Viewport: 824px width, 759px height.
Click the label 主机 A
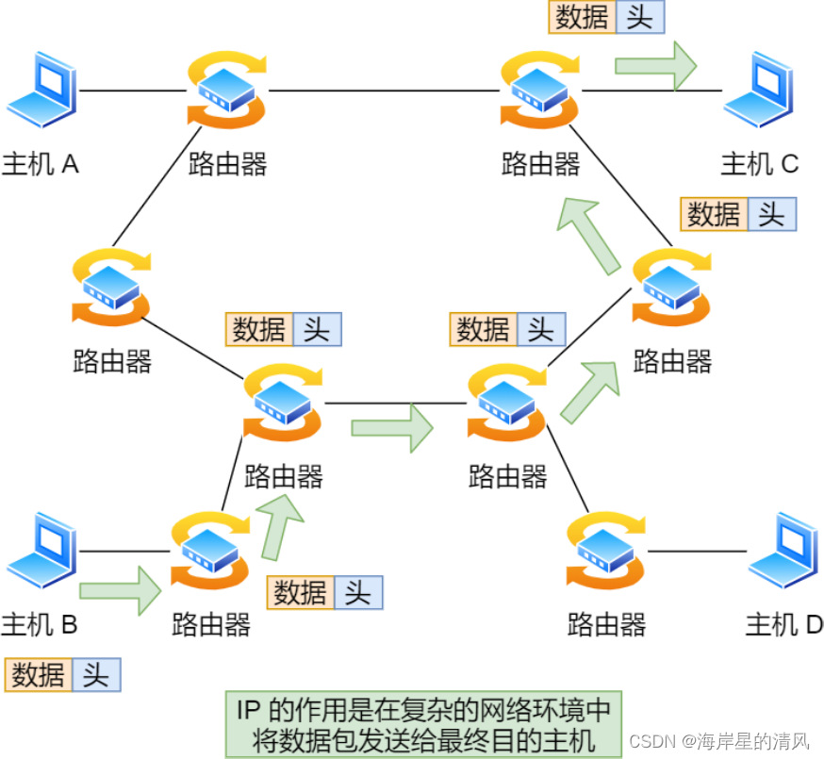click(41, 164)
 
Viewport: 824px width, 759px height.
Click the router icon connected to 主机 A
click(227, 90)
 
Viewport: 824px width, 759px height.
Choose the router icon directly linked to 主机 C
click(540, 90)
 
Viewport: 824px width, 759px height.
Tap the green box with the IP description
click(423, 723)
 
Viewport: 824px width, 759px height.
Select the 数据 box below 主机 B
click(39, 675)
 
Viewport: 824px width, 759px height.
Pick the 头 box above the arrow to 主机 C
click(639, 18)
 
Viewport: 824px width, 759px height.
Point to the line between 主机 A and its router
click(132, 91)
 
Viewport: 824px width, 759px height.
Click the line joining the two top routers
click(384, 91)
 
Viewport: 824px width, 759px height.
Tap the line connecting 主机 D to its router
click(698, 551)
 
